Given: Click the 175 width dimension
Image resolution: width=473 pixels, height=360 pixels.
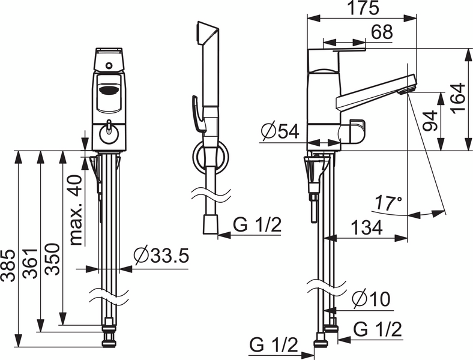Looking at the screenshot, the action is [363, 8].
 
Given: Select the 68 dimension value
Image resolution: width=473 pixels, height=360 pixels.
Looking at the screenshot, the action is [382, 32].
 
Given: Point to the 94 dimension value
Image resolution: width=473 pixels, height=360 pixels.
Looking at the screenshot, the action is [430, 121].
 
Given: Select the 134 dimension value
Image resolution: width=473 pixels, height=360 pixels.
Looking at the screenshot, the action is [367, 227].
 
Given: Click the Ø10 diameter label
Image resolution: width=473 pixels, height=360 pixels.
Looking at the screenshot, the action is [372, 299].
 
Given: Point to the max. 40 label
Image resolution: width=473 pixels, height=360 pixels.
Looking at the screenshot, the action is [75, 210].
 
